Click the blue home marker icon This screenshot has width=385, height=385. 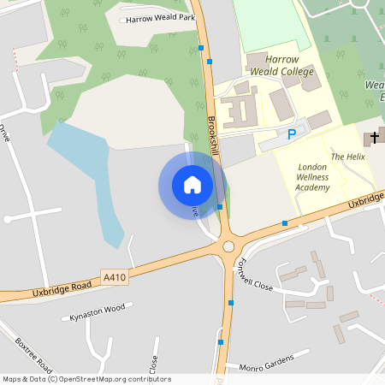click(192, 185)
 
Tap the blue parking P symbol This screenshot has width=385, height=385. click(292, 134)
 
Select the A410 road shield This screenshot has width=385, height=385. click(114, 277)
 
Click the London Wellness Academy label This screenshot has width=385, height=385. click(312, 176)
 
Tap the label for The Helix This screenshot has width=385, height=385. click(348, 157)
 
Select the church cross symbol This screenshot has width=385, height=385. click(374, 138)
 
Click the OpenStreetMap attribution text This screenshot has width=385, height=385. click(86, 379)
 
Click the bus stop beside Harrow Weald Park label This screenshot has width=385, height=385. click(200, 49)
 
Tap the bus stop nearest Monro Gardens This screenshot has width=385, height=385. click(221, 341)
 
